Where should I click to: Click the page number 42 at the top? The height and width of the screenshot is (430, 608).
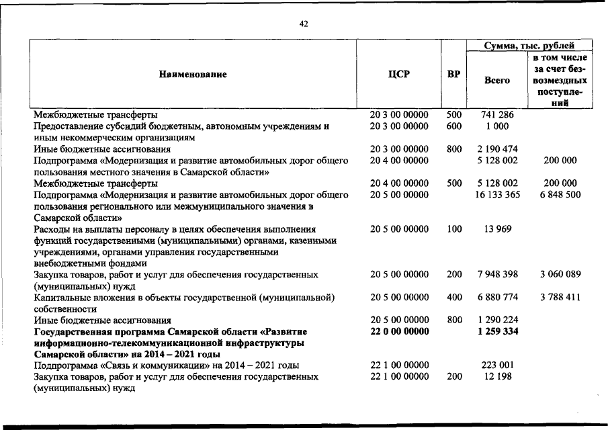(304, 24)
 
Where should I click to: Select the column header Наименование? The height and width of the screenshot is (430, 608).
(193, 74)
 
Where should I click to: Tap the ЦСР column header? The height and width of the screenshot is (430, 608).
(399, 74)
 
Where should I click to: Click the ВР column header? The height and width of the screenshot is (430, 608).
(453, 74)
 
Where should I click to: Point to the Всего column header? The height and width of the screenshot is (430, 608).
(497, 80)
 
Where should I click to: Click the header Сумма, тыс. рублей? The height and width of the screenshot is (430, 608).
(529, 46)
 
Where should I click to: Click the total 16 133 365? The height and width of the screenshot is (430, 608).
(497, 194)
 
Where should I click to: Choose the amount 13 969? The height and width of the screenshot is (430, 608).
(497, 229)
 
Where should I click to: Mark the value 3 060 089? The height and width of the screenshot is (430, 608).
(560, 275)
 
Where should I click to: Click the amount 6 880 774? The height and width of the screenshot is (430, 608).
(497, 298)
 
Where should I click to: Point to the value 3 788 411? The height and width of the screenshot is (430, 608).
(560, 298)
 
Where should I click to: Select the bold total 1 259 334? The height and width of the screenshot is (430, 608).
(497, 332)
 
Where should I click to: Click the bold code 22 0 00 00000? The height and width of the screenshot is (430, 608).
(399, 332)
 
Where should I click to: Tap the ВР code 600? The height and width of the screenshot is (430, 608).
(454, 126)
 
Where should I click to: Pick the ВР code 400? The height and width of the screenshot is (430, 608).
(454, 298)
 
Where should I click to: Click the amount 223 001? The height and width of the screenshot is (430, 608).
(497, 365)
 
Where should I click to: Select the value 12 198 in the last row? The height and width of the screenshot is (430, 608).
(497, 377)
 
